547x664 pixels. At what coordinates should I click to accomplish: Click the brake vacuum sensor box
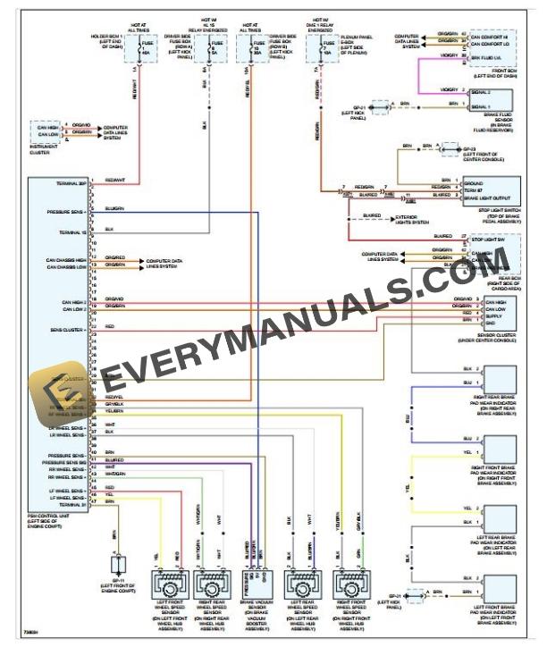pos(256,584)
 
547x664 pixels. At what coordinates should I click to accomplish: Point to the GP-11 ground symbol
pos(114,566)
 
